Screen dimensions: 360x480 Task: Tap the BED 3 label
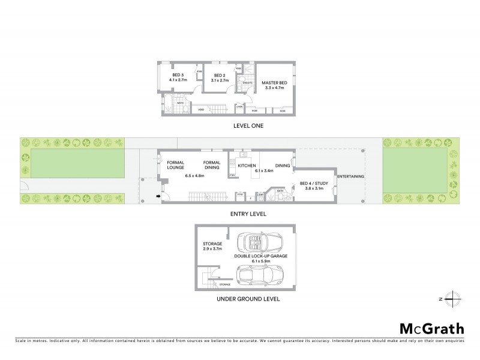[179, 75]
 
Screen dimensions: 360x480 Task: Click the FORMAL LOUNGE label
[175, 165]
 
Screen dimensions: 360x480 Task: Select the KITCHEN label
[248, 165]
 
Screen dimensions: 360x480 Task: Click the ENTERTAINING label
[350, 176]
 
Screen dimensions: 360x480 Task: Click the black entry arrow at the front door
[158, 195]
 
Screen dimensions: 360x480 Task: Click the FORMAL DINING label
[212, 165]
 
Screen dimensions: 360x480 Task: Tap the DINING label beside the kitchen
[283, 165]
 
